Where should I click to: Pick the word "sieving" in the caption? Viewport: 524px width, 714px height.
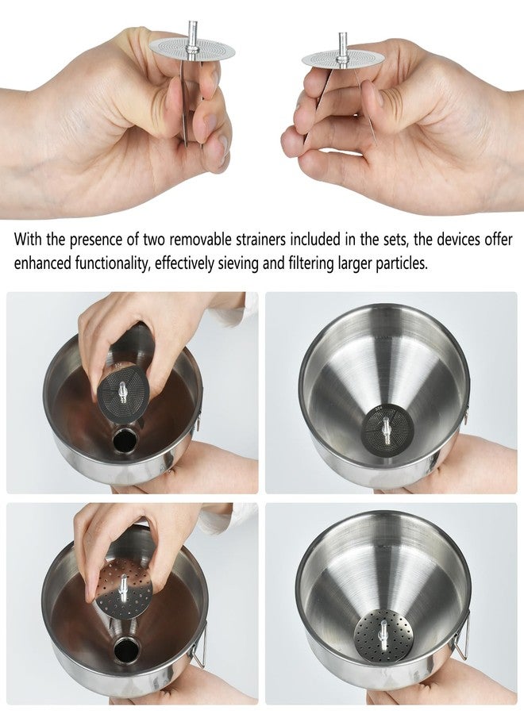(237, 264)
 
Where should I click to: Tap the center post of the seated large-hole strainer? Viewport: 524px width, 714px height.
(382, 626)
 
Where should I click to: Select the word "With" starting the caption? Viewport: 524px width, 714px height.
(28, 239)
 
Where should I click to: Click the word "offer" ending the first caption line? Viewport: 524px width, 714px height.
(499, 239)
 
